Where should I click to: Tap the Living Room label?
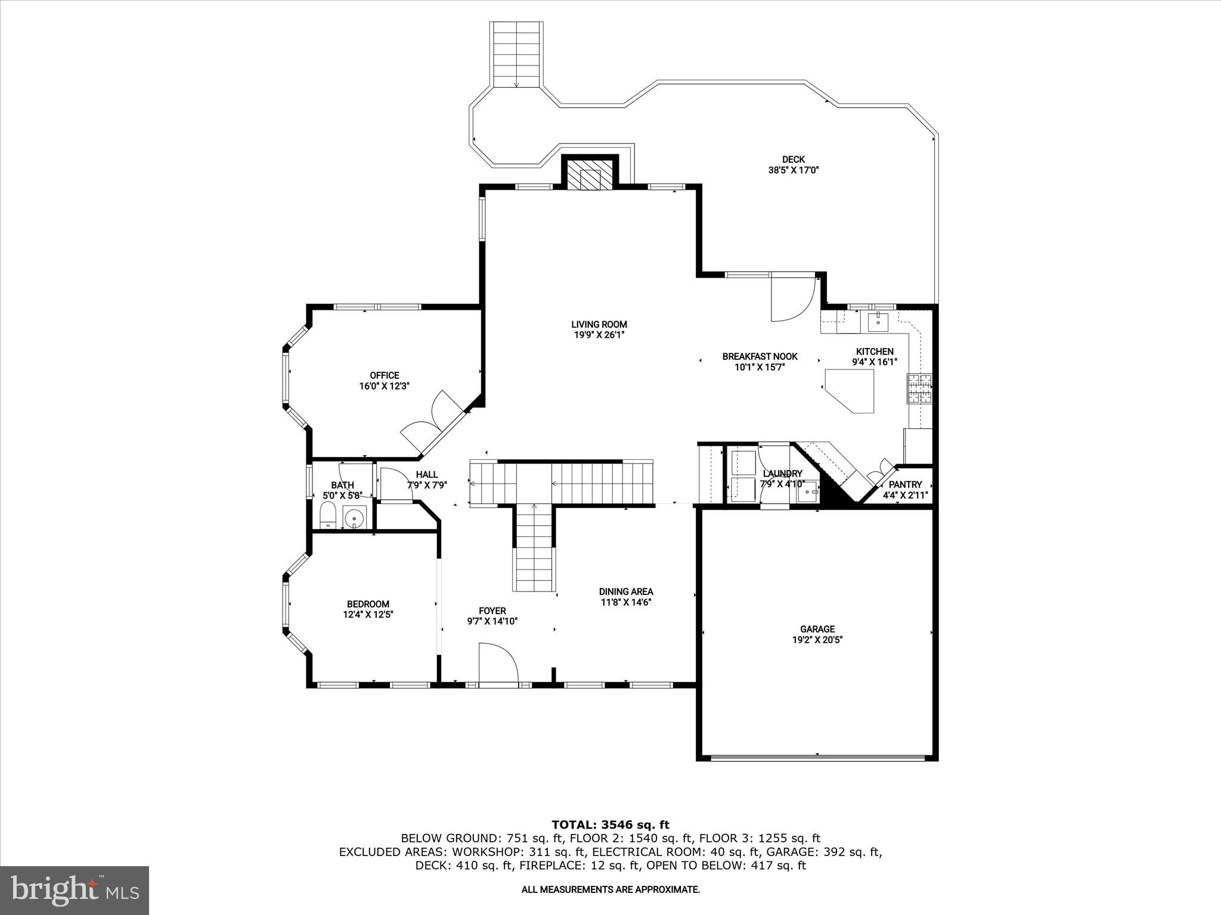(599, 325)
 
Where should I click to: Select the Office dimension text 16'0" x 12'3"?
(385, 386)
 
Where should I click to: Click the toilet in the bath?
(327, 515)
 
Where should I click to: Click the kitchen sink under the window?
(878, 322)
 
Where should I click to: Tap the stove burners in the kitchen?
(919, 389)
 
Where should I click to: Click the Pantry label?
(905, 484)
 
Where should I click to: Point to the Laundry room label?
(782, 474)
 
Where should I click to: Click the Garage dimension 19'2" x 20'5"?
(817, 640)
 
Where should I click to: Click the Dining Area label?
(626, 592)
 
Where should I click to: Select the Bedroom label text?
(368, 603)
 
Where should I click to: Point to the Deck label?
(793, 159)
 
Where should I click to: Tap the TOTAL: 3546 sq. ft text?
(610, 824)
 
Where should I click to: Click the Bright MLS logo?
(75, 891)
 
